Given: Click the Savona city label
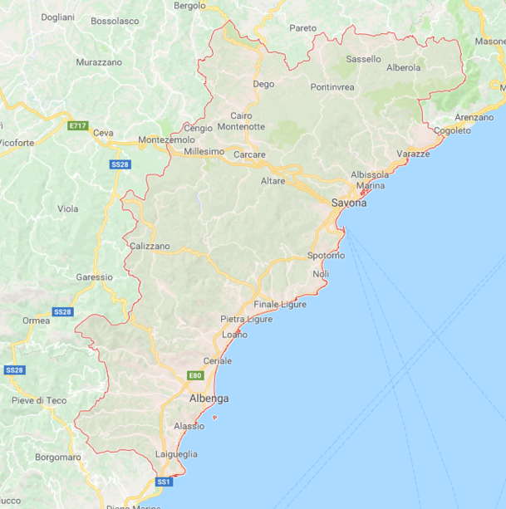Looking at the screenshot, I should click(349, 203).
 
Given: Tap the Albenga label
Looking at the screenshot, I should click(209, 399).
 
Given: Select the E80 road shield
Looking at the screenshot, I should click(195, 376).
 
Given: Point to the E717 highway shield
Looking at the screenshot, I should click(78, 125).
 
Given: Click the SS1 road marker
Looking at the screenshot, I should click(164, 482).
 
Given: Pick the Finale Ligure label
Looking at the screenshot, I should click(280, 304).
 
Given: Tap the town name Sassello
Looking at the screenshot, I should click(363, 59).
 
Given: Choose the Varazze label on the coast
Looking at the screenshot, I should click(413, 154).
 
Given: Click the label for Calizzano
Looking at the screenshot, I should click(150, 246).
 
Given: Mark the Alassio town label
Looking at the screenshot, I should click(189, 426).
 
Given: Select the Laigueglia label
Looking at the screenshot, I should click(176, 454).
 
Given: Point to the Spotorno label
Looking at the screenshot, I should click(326, 255).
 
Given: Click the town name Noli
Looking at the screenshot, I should click(321, 274).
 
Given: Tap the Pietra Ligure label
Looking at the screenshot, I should click(246, 319).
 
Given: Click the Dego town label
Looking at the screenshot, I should click(263, 84).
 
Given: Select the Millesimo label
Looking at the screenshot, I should click(204, 152).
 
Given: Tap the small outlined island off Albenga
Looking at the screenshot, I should click(214, 417).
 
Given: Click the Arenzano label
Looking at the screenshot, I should click(474, 118).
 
